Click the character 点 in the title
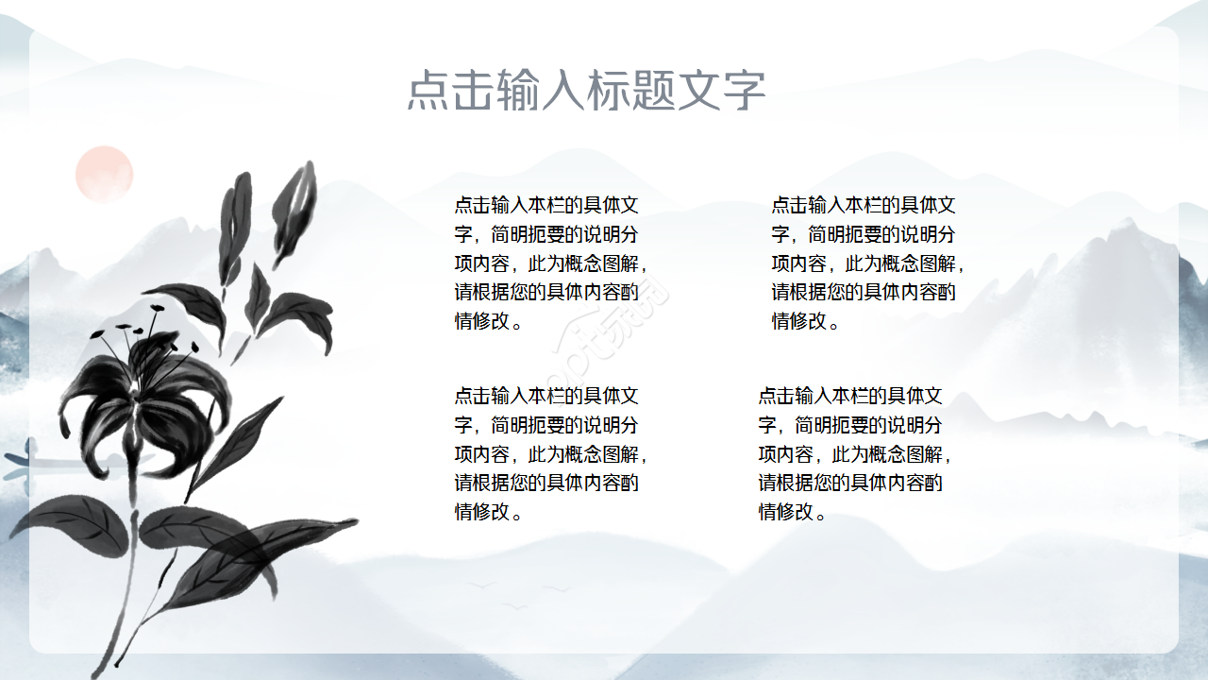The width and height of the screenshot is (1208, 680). (428, 91)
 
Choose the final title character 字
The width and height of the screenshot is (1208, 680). (745, 91)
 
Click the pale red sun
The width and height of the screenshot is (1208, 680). (104, 174)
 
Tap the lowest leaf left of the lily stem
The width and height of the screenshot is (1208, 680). (71, 524)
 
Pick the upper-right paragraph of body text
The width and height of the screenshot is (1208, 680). (867, 263)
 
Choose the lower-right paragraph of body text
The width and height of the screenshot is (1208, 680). (854, 453)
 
